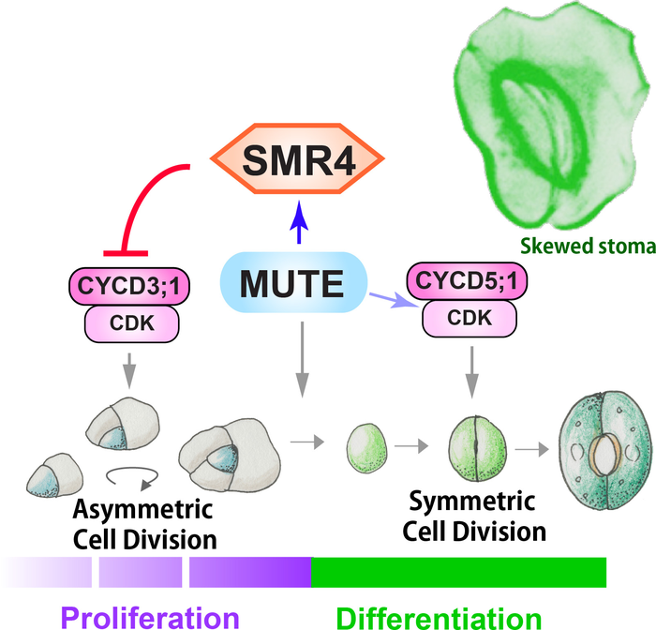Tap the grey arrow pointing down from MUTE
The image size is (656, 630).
[x=301, y=356]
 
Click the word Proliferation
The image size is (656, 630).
[x=149, y=617]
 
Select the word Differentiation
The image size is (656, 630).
[x=439, y=617]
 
